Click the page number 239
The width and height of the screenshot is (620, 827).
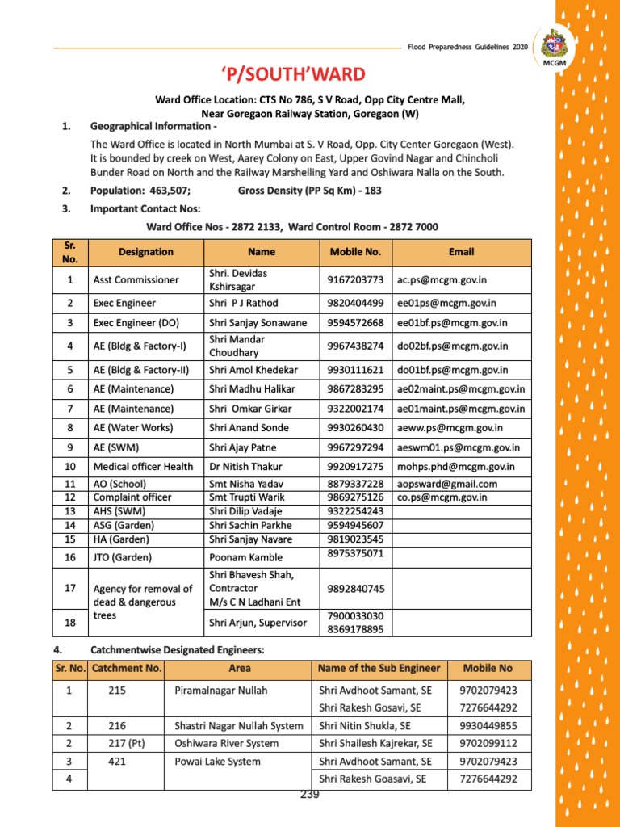pos(310,795)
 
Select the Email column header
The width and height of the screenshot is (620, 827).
pos(461,252)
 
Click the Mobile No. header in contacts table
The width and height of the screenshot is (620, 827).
pos(355,252)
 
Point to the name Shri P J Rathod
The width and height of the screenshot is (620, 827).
pos(243,303)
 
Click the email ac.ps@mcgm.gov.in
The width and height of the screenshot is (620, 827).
pos(442,279)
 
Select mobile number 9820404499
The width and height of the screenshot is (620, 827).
pos(355,303)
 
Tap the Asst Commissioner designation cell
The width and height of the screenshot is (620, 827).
pos(136,279)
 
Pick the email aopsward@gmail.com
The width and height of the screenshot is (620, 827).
pos(446,484)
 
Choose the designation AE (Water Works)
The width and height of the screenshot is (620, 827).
pos(138,427)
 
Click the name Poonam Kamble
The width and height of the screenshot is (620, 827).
pos(246,557)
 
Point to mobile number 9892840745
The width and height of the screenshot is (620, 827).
pos(355,589)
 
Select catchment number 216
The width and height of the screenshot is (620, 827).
pos(117,726)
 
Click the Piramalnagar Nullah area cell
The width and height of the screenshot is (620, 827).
pos(220,691)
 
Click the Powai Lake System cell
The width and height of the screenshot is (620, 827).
pos(217,761)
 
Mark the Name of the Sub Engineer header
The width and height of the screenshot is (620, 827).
pos(379,668)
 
